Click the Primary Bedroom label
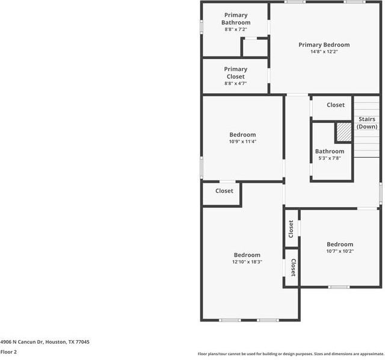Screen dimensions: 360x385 pos(324,45)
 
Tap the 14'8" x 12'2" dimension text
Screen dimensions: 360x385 pos(324,52)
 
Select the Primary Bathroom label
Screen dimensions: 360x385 pos(236,19)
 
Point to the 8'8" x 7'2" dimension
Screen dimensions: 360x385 pos(236,29)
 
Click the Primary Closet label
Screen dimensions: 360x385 pos(236,73)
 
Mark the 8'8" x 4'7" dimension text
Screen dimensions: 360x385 pos(236,84)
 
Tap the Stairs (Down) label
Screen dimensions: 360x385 pos(366,123)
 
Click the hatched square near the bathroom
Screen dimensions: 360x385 pos(343,131)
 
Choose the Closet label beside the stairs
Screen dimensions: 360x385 pos(336,105)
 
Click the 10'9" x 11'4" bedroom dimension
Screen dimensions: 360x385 pos(242,142)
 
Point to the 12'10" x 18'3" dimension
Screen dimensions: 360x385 pos(247,262)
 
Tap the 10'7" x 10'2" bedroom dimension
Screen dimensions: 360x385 pos(340,251)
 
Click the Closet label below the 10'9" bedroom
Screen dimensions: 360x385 pos(224,191)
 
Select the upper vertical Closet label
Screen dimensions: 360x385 pos(291,228)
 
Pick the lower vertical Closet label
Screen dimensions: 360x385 pos(293,268)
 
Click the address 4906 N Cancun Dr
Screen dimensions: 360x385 pos(45,342)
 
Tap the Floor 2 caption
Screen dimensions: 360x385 pos(8,352)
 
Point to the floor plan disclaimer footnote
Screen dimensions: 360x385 pos(291,354)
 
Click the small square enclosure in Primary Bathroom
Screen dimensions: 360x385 pos(254,48)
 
